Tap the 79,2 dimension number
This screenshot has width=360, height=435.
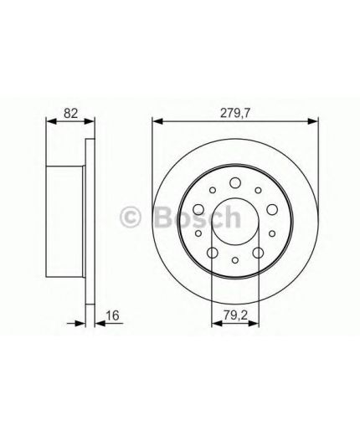click(234, 316)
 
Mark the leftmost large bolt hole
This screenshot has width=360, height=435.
click(198, 209)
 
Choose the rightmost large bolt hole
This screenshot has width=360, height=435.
click(272, 209)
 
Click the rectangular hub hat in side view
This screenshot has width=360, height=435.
click(65, 220)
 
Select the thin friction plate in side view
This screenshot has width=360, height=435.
click(88, 220)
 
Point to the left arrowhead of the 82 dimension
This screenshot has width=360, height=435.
click(47, 121)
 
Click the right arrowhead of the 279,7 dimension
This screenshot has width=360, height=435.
click(316, 121)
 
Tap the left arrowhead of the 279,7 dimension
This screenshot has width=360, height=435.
click(155, 121)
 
